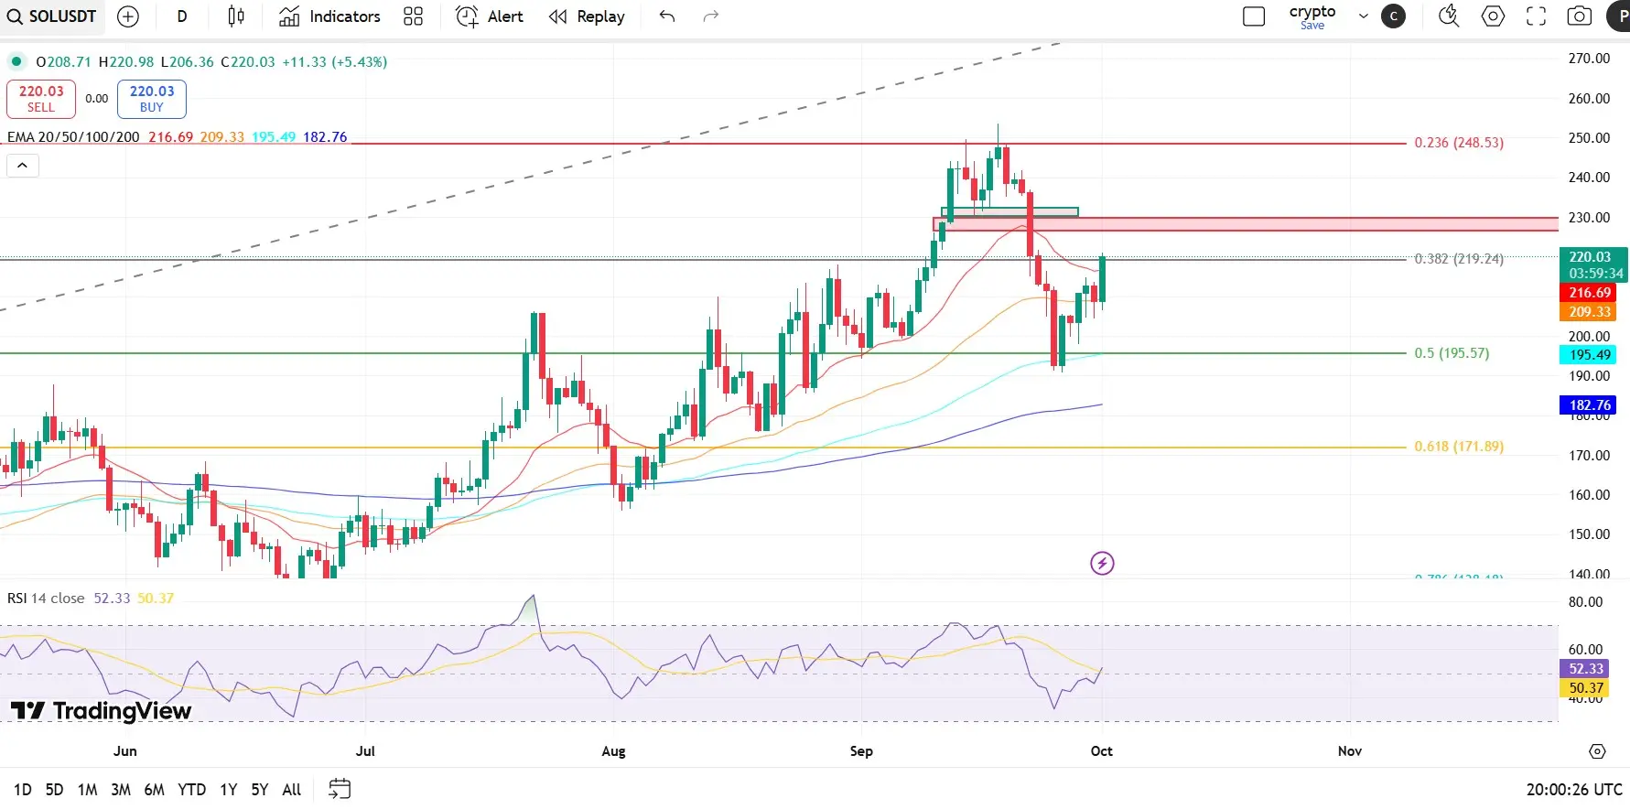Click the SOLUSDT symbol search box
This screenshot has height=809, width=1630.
click(51, 16)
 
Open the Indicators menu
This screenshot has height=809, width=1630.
click(329, 16)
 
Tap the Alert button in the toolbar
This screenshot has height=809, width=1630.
click(490, 16)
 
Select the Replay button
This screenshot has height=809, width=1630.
click(587, 16)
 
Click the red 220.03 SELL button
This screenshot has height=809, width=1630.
click(41, 99)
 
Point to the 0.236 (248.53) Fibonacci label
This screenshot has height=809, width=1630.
click(1458, 143)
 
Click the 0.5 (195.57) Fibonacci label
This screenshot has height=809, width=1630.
click(1452, 353)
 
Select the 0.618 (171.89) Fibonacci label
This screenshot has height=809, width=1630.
click(1458, 447)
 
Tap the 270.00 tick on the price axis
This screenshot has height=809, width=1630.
click(1589, 59)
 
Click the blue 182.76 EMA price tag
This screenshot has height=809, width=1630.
click(1589, 404)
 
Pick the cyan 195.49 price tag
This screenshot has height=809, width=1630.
click(1589, 355)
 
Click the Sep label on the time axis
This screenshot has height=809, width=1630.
click(861, 751)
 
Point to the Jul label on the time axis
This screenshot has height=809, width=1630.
click(365, 751)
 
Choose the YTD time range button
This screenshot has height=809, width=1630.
click(191, 790)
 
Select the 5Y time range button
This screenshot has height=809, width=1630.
click(260, 790)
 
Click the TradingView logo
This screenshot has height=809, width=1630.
click(101, 711)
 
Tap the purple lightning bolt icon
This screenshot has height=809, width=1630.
click(1102, 563)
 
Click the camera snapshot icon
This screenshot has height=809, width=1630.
click(1579, 16)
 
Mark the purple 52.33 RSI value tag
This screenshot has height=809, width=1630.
click(1585, 669)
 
